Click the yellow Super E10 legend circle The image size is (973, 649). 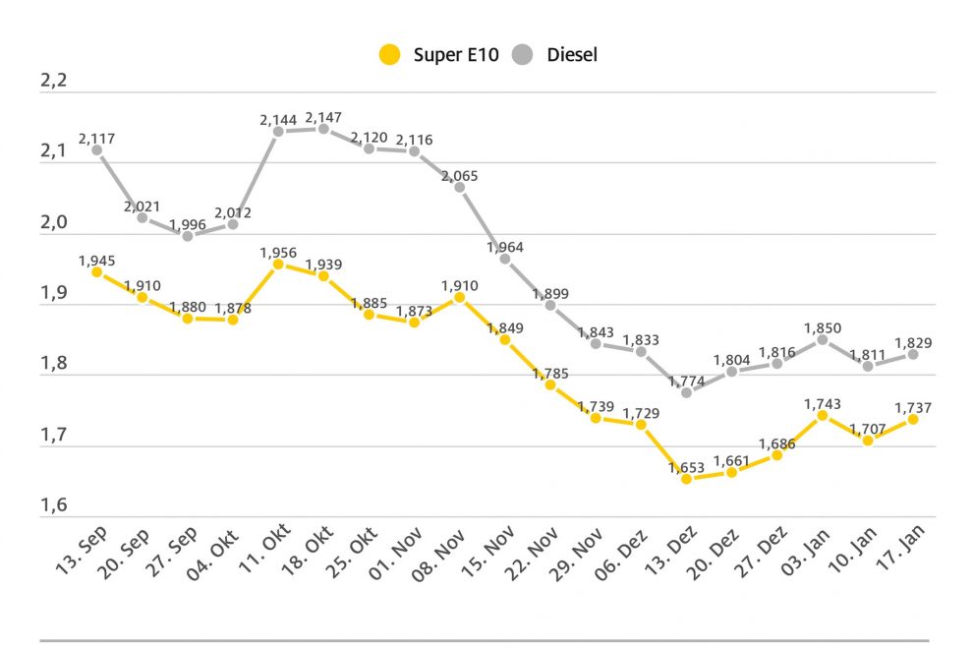[x=390, y=55]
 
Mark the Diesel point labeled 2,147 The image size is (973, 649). [x=323, y=128]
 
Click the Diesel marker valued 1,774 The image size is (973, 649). [x=686, y=392]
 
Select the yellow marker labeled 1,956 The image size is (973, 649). [x=278, y=265]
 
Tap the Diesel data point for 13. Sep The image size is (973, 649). [x=96, y=149]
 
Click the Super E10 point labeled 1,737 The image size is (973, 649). [x=913, y=419]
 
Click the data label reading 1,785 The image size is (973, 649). [x=550, y=374]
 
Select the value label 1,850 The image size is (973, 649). [x=823, y=328]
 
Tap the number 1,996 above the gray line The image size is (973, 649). [x=188, y=225]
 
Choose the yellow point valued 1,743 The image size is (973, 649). [x=823, y=415]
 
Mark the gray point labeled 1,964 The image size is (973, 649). [x=504, y=259]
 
